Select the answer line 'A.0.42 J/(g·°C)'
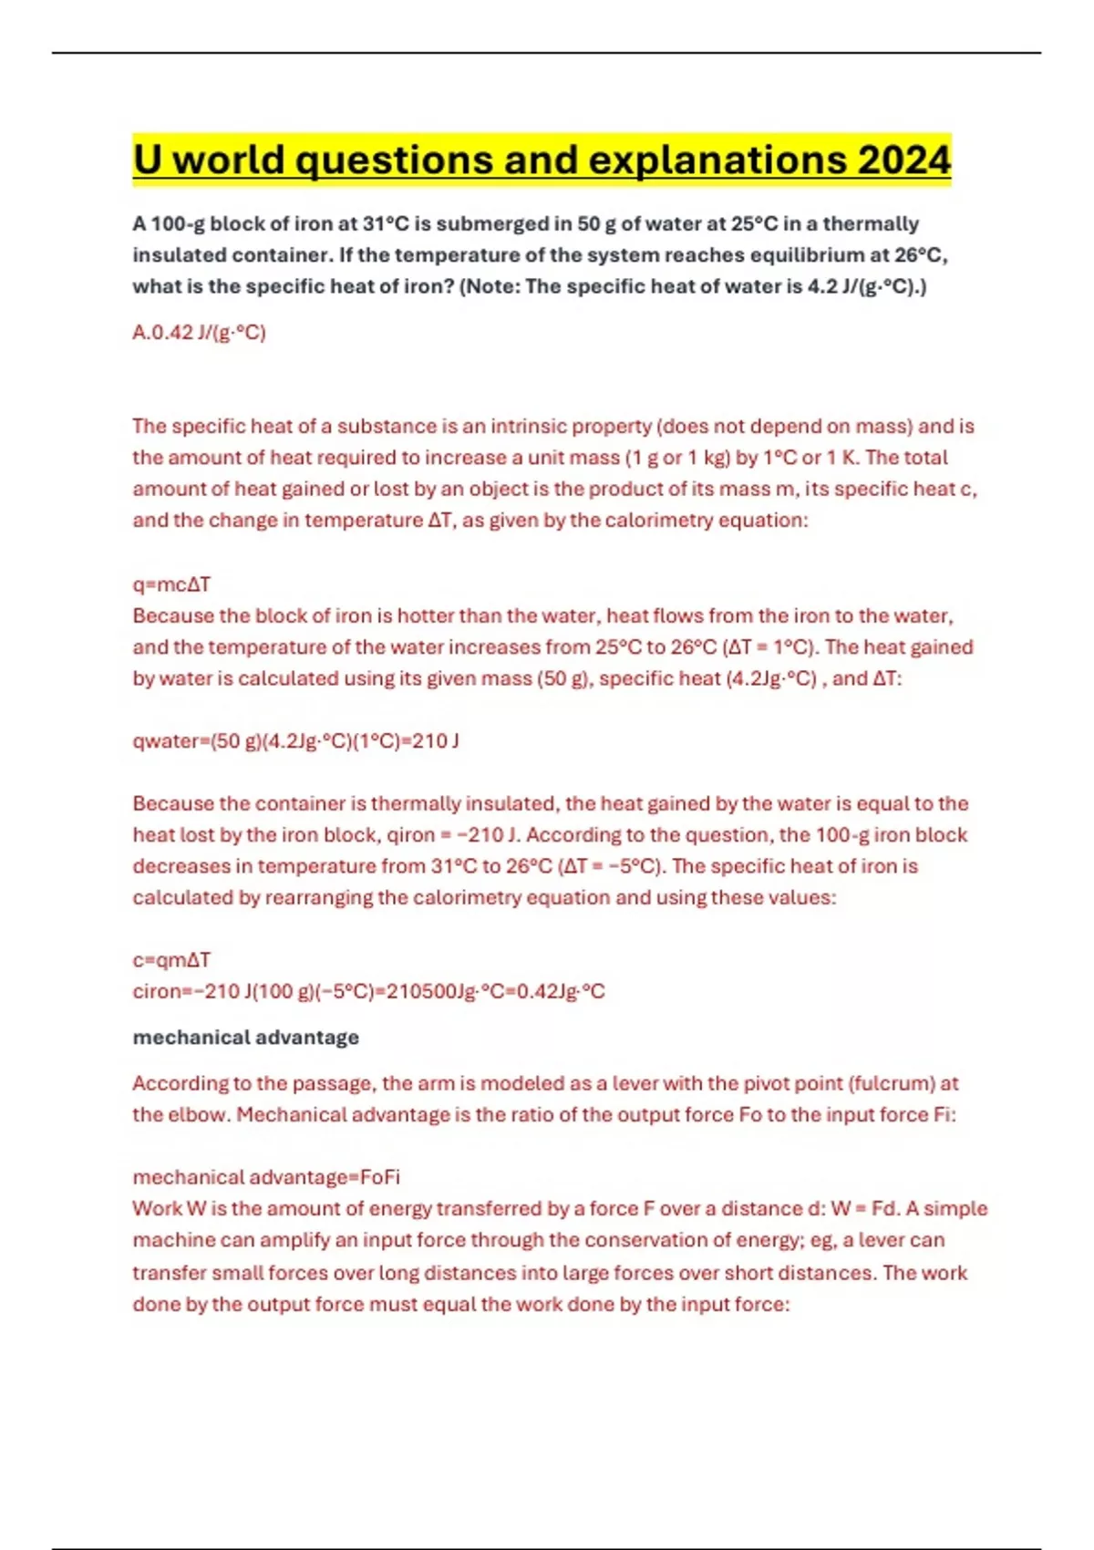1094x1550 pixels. [x=199, y=333]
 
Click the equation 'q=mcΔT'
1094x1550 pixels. [x=171, y=584]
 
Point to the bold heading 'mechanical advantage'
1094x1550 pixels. [x=245, y=1038]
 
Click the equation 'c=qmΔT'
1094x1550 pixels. [x=171, y=960]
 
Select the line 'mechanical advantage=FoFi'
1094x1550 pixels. [x=266, y=1177]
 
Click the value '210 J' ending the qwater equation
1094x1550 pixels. [x=436, y=741]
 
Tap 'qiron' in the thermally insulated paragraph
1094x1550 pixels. [x=411, y=835]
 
